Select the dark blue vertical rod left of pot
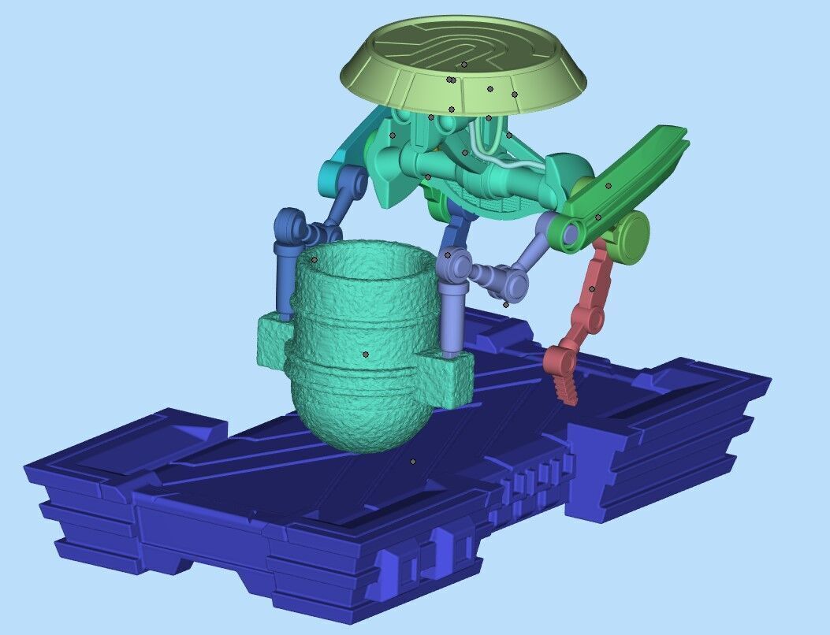click(284, 280)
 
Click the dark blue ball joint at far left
click(290, 224)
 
